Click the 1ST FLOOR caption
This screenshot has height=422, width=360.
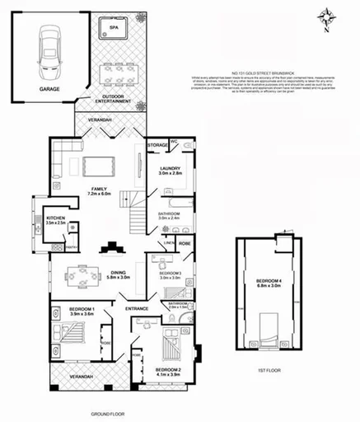pyautogui.click(x=268, y=370)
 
